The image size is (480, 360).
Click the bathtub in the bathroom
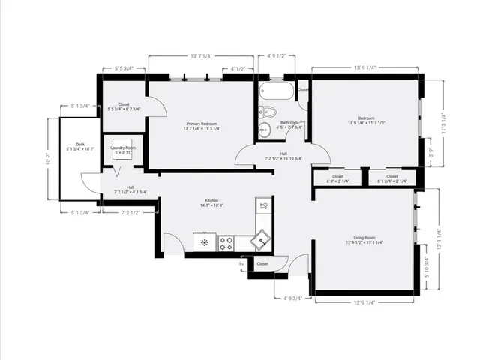pos(275,93)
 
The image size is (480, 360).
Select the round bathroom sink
pos(263,130)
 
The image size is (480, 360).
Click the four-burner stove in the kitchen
pos(226,242)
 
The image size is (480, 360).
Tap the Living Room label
pos(364,239)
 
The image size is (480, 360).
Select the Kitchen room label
pos(212,202)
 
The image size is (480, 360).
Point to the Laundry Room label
pos(122,150)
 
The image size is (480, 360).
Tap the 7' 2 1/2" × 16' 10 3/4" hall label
pos(283,156)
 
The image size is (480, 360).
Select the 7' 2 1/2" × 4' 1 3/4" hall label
pos(130,190)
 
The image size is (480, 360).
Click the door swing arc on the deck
pos(88,181)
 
